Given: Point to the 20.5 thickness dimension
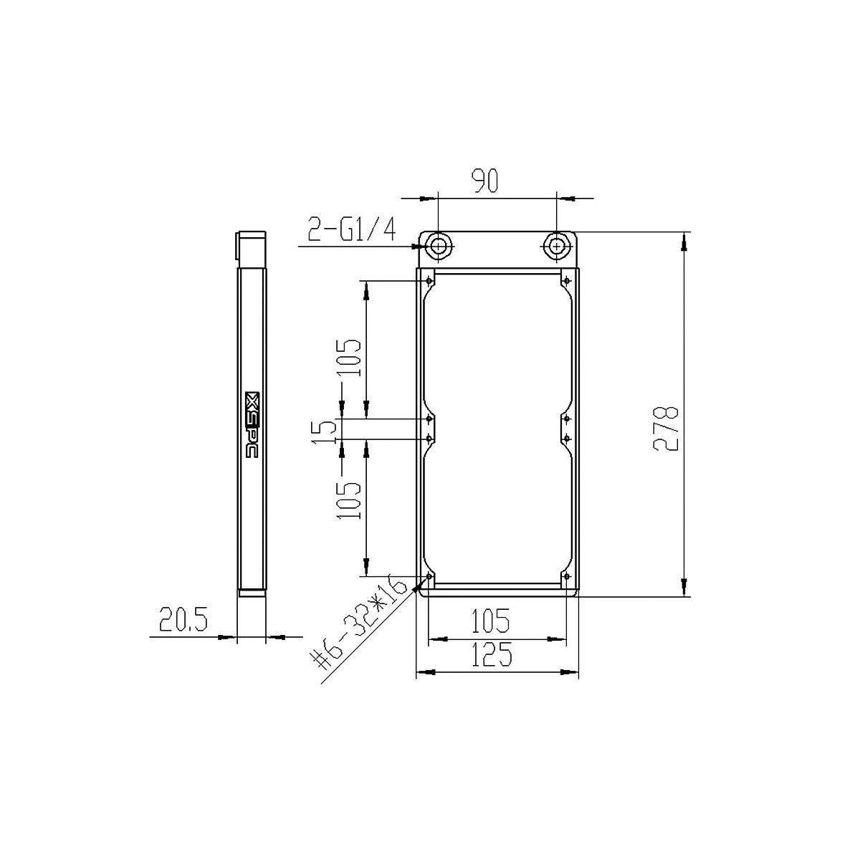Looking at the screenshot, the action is tap(183, 620).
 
